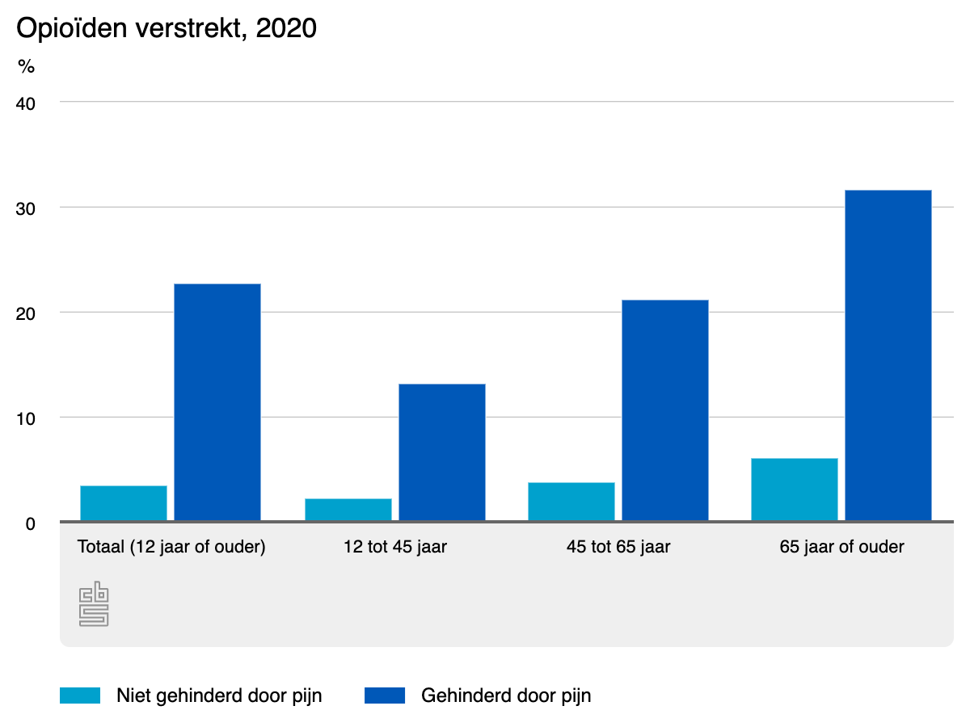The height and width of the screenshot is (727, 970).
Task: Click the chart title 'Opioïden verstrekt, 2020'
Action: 167,28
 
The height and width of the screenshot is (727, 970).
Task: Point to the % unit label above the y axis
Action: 27,67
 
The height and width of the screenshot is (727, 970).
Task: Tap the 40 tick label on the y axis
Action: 26,103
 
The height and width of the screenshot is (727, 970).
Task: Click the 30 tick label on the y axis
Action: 26,208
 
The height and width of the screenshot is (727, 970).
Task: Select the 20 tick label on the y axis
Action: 26,313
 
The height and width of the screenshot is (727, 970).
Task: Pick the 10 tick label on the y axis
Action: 26,418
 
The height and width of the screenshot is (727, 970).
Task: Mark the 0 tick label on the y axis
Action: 30,523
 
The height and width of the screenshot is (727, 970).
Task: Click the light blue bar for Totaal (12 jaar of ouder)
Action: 124,503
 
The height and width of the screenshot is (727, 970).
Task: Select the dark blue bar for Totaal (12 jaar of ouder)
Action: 217,402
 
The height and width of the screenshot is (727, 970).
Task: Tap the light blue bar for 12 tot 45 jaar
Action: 348,510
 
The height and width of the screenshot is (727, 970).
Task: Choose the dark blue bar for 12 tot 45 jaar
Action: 441,452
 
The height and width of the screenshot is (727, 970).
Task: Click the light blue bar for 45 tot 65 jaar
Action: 571,502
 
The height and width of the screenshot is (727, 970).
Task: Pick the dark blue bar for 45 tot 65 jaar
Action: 664,410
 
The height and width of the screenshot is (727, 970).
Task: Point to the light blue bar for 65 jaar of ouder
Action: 794,490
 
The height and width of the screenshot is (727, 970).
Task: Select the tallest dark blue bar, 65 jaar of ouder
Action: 888,355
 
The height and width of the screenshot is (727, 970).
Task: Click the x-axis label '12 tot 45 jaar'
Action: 394,547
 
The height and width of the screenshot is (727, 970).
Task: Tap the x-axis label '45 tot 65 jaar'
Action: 618,547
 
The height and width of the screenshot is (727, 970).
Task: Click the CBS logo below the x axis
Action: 94,603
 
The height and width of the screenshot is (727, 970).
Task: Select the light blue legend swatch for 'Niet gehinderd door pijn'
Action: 80,695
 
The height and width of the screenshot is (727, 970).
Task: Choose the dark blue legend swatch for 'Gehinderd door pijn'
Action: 384,695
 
